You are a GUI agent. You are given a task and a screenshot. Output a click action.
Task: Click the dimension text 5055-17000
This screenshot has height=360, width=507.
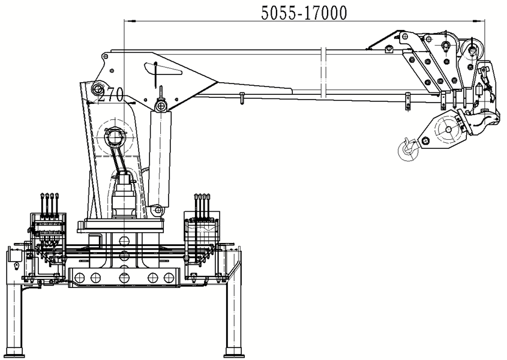click(304, 13)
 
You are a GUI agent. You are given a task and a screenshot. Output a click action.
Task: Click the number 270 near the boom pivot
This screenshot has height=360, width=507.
click(111, 94)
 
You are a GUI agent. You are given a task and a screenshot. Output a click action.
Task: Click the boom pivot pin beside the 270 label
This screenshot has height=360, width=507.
click(97, 89)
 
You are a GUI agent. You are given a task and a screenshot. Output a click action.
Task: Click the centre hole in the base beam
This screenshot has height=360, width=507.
click(124, 277)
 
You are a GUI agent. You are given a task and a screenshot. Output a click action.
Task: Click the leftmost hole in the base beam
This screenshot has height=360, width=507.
click(79, 277)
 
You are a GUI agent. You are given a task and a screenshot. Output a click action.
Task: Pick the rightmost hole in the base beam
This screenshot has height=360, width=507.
click(169, 277)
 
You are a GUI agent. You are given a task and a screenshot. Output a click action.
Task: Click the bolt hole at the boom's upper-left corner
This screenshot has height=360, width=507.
click(106, 56)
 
